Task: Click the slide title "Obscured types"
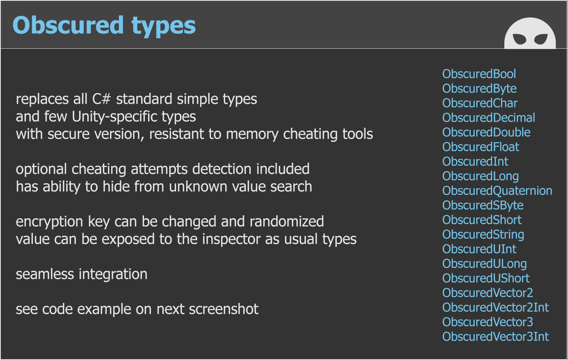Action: click(104, 26)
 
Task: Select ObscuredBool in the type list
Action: click(479, 74)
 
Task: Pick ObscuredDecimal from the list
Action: click(488, 118)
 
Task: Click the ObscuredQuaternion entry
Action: click(497, 191)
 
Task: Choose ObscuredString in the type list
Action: click(483, 235)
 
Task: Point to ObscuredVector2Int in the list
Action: click(496, 307)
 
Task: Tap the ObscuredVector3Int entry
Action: click(496, 337)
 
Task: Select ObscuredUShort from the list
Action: click(486, 279)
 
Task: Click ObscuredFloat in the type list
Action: click(481, 147)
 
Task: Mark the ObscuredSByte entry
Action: click(483, 205)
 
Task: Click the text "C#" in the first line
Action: click(101, 99)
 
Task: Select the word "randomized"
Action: click(287, 221)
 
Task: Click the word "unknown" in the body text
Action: click(198, 187)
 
